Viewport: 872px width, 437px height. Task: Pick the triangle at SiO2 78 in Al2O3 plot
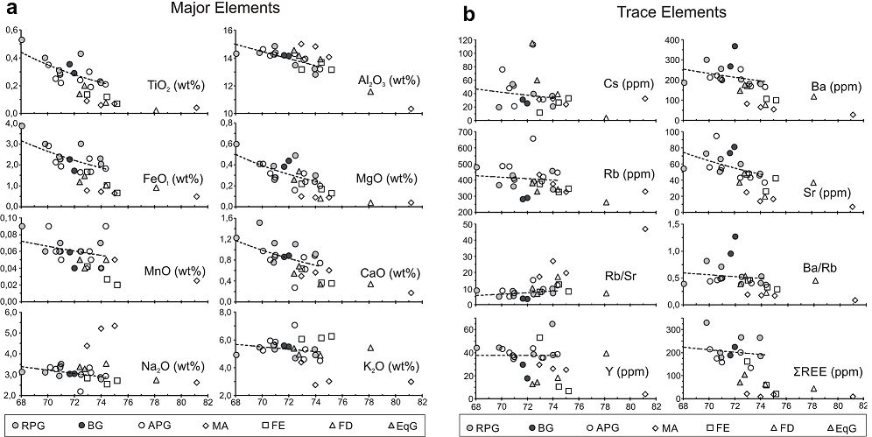(x=370, y=91)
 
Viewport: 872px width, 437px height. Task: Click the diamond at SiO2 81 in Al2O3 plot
(x=411, y=109)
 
